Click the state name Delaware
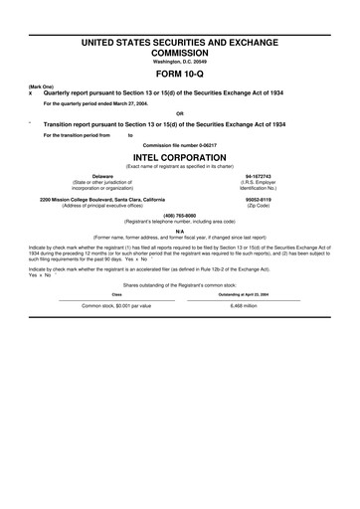click(x=101, y=176)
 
